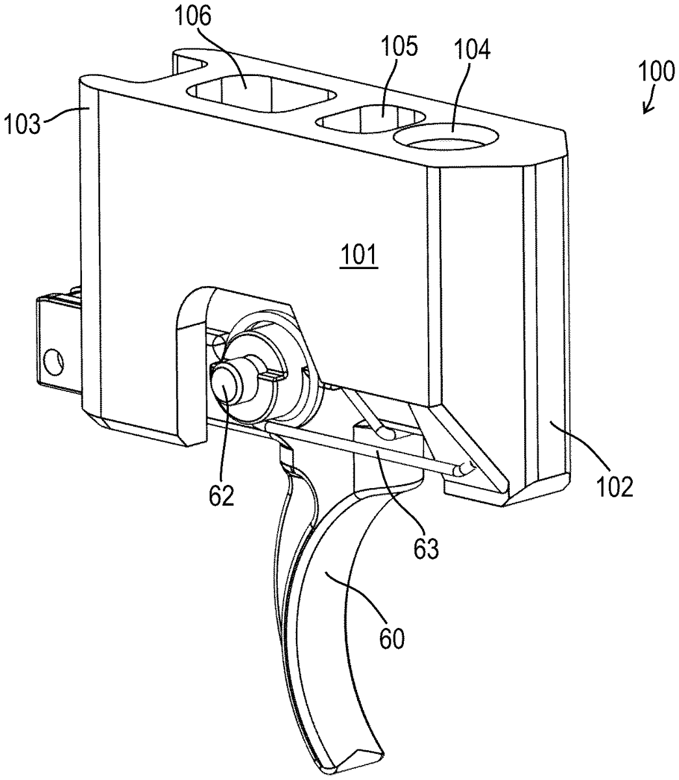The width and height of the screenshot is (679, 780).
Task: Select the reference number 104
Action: [x=472, y=50]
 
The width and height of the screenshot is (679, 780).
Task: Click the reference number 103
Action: [x=21, y=124]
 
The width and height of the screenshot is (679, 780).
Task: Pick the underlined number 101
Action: [x=359, y=255]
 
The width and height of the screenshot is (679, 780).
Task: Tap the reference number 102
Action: [x=615, y=487]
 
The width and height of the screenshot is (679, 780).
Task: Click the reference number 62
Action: [x=222, y=495]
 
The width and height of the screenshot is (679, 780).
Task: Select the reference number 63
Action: [x=426, y=549]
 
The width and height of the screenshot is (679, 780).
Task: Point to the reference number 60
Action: [x=392, y=638]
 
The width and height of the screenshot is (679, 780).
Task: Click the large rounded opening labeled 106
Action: [x=261, y=94]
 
